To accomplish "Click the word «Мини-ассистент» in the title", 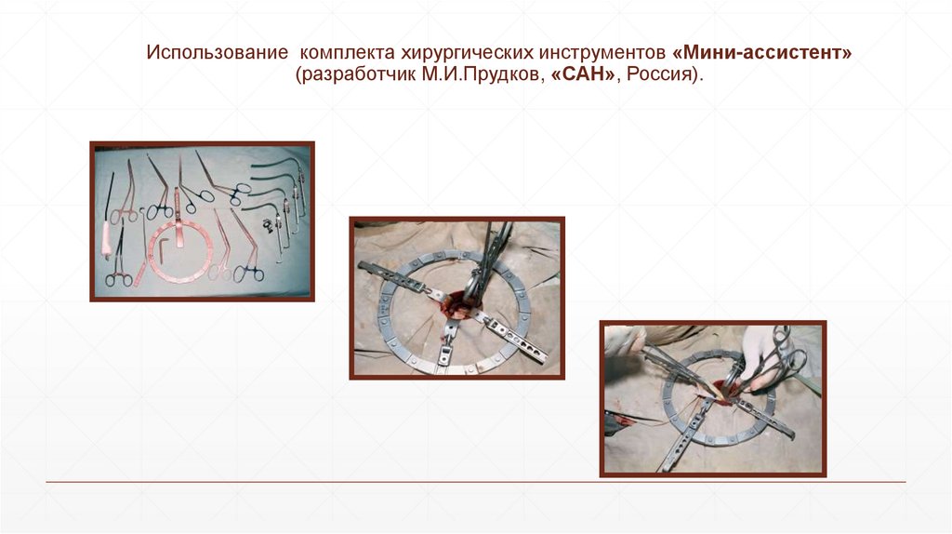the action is [x=762, y=52].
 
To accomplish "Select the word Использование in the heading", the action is [x=217, y=52].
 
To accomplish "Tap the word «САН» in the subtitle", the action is [x=583, y=74].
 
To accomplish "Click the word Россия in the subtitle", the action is [x=659, y=74].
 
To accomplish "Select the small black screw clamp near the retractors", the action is [x=268, y=225].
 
